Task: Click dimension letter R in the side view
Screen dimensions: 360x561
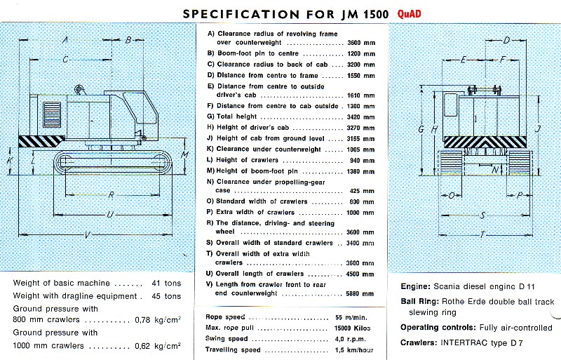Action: click(111, 194)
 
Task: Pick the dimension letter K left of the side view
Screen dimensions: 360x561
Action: click(10, 160)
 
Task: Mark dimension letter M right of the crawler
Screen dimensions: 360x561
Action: click(184, 154)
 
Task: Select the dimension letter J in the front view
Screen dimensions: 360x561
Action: click(536, 128)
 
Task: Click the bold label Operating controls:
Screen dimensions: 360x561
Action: click(438, 328)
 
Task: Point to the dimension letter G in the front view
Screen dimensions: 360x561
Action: click(421, 128)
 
